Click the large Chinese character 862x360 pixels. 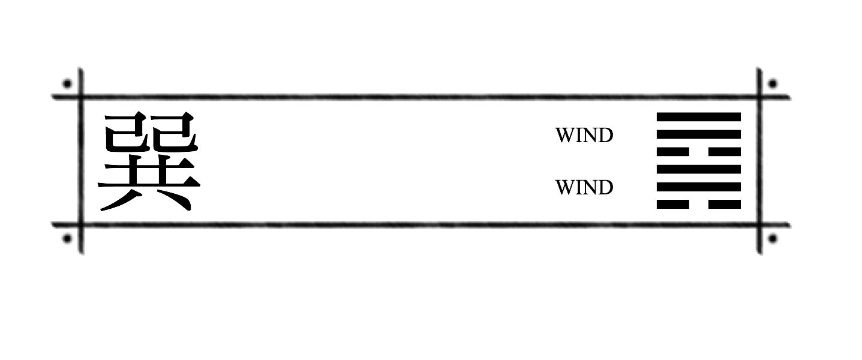149,161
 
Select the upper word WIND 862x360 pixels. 584,135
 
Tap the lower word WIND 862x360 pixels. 584,188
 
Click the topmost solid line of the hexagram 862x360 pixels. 699,117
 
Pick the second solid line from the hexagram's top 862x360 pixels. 699,134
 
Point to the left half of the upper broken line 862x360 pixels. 673,152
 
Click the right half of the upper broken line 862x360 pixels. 725,152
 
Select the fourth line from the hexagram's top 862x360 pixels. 699,169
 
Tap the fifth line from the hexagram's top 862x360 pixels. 699,187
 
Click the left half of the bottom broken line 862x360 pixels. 673,204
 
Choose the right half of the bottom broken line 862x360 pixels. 725,204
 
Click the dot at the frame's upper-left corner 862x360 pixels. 67,83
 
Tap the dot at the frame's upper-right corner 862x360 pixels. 773,83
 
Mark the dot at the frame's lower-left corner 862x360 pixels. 67,239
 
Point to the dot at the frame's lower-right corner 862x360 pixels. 773,239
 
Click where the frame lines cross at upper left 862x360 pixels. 81,97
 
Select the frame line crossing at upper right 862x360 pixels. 759,97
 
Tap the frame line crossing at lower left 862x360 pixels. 81,225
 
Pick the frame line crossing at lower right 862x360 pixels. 759,225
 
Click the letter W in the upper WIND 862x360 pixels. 564,135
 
